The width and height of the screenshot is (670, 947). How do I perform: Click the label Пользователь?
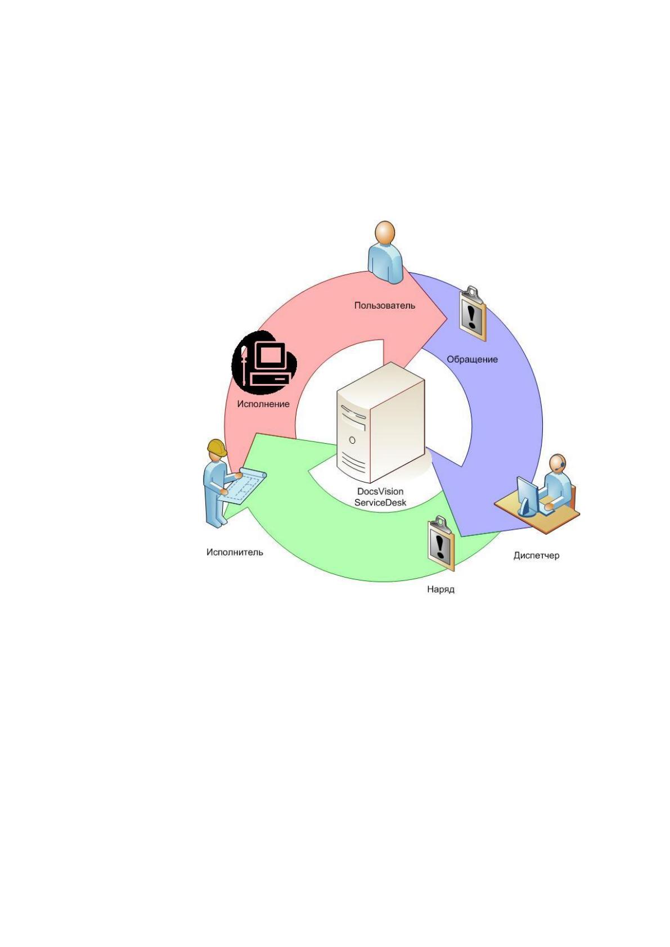pos(384,305)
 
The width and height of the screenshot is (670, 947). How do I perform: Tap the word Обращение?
pos(472,359)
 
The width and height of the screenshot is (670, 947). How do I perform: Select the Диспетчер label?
pos(536,555)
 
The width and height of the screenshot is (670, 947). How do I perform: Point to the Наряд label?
pos(440,589)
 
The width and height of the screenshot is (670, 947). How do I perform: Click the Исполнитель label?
pos(235,552)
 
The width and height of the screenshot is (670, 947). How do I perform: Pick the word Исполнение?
pos(263,404)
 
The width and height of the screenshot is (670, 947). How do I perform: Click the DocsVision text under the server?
pos(380,491)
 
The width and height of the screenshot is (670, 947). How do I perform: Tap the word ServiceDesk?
pos(380,502)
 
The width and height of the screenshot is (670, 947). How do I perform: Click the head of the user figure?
pos(384,232)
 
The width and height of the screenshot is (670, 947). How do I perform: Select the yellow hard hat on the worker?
pos(217,447)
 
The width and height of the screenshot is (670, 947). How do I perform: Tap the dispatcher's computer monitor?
pos(527,495)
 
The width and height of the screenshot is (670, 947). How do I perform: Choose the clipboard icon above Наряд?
pos(440,544)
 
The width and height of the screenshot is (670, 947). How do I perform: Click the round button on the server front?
pos(352,440)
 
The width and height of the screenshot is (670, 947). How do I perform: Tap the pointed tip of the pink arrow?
pos(447,317)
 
